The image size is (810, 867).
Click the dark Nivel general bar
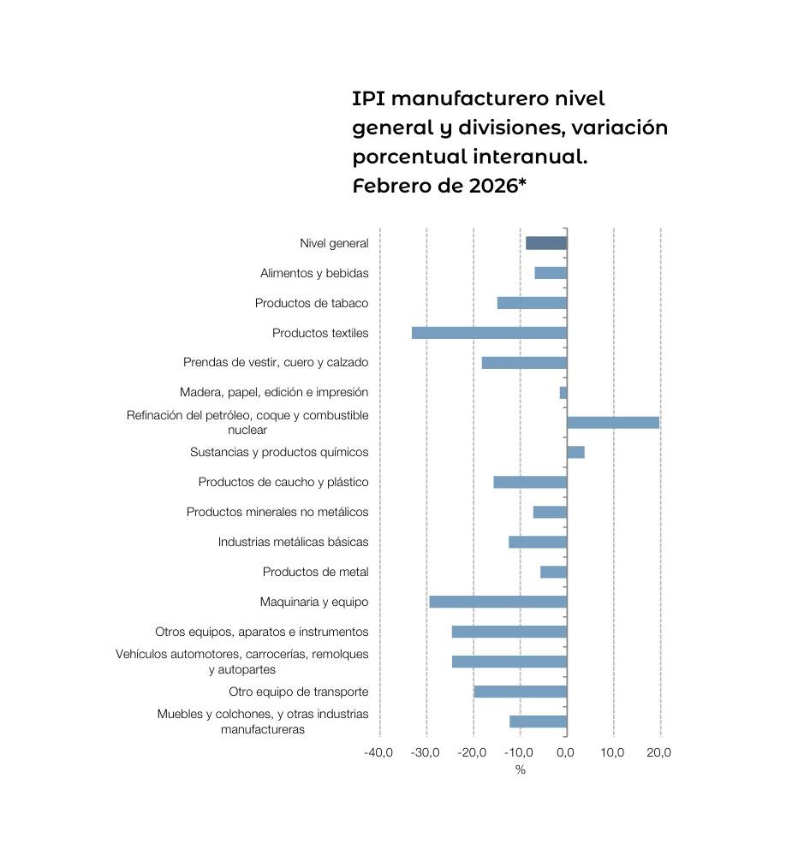545,243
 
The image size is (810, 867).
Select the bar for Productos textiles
489,333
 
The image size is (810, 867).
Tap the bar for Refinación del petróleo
612,422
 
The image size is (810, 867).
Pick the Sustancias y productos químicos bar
575,452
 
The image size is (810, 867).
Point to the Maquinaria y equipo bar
497,602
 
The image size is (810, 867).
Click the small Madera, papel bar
563,392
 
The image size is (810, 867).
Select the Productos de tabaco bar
532,303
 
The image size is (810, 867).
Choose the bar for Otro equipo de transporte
520,692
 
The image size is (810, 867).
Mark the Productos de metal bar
553,572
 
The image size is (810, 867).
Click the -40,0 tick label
378,752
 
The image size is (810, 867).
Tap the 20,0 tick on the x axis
658,752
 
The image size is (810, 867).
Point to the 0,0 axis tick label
565,752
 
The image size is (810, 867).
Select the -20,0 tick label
472,752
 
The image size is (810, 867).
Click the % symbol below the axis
520,769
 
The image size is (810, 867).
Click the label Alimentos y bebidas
314,273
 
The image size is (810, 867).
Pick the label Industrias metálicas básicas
293,542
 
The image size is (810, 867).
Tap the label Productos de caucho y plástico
283,482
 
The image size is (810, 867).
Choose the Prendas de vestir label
276,362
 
